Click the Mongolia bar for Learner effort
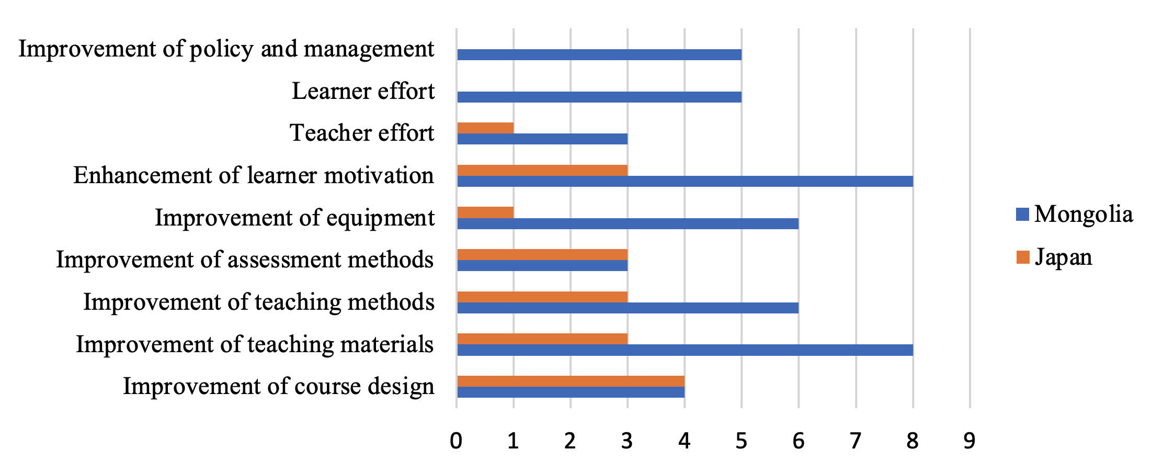599,97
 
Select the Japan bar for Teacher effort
485,128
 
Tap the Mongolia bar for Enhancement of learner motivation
685,181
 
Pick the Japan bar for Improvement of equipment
485,212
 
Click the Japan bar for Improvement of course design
571,381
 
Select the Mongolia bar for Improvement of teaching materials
685,350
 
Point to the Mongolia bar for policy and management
599,54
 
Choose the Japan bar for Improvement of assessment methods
542,254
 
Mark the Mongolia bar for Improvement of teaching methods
628,308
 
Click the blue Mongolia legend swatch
1022,215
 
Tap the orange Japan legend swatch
1023,257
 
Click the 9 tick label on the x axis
970,441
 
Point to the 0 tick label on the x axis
456,441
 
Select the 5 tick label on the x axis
741,441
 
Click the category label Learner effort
363,91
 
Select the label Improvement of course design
278,387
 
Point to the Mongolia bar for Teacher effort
542,139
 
